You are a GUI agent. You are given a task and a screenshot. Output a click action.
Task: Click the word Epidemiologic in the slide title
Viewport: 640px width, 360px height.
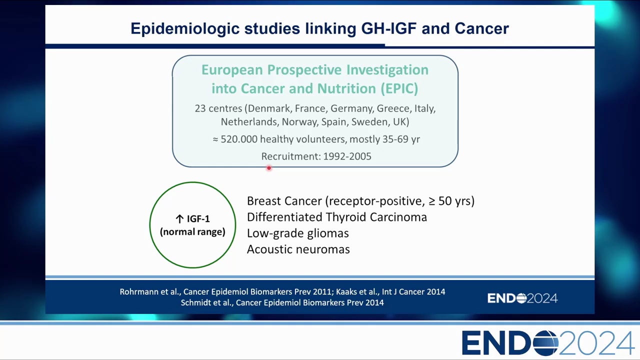click(185, 29)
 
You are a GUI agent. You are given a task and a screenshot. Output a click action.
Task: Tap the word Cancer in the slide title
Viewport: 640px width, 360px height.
click(481, 28)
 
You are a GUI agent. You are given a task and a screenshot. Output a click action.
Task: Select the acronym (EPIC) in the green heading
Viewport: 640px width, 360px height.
click(399, 88)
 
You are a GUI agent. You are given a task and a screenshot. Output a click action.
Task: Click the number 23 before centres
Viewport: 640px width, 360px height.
click(200, 108)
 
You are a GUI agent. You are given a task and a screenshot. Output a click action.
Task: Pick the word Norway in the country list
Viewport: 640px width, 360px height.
click(300, 122)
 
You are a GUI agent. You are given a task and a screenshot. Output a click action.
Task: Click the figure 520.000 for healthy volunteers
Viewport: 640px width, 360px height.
click(239, 139)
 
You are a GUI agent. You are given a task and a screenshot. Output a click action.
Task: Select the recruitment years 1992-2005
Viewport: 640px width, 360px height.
click(347, 156)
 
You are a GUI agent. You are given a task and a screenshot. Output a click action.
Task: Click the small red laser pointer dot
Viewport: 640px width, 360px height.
click(269, 168)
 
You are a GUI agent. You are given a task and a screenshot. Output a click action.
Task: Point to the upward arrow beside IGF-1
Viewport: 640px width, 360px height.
click(179, 219)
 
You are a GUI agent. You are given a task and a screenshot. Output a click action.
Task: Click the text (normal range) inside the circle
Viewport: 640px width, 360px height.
click(192, 231)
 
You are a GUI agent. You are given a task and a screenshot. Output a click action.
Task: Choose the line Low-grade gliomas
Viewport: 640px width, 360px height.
click(297, 233)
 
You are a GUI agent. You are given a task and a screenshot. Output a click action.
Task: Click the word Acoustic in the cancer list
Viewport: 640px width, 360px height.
click(269, 249)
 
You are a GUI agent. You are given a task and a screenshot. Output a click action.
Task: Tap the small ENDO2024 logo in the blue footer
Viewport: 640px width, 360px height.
click(522, 298)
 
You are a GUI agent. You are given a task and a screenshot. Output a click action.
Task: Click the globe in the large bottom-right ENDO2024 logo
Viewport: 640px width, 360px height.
click(545, 343)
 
